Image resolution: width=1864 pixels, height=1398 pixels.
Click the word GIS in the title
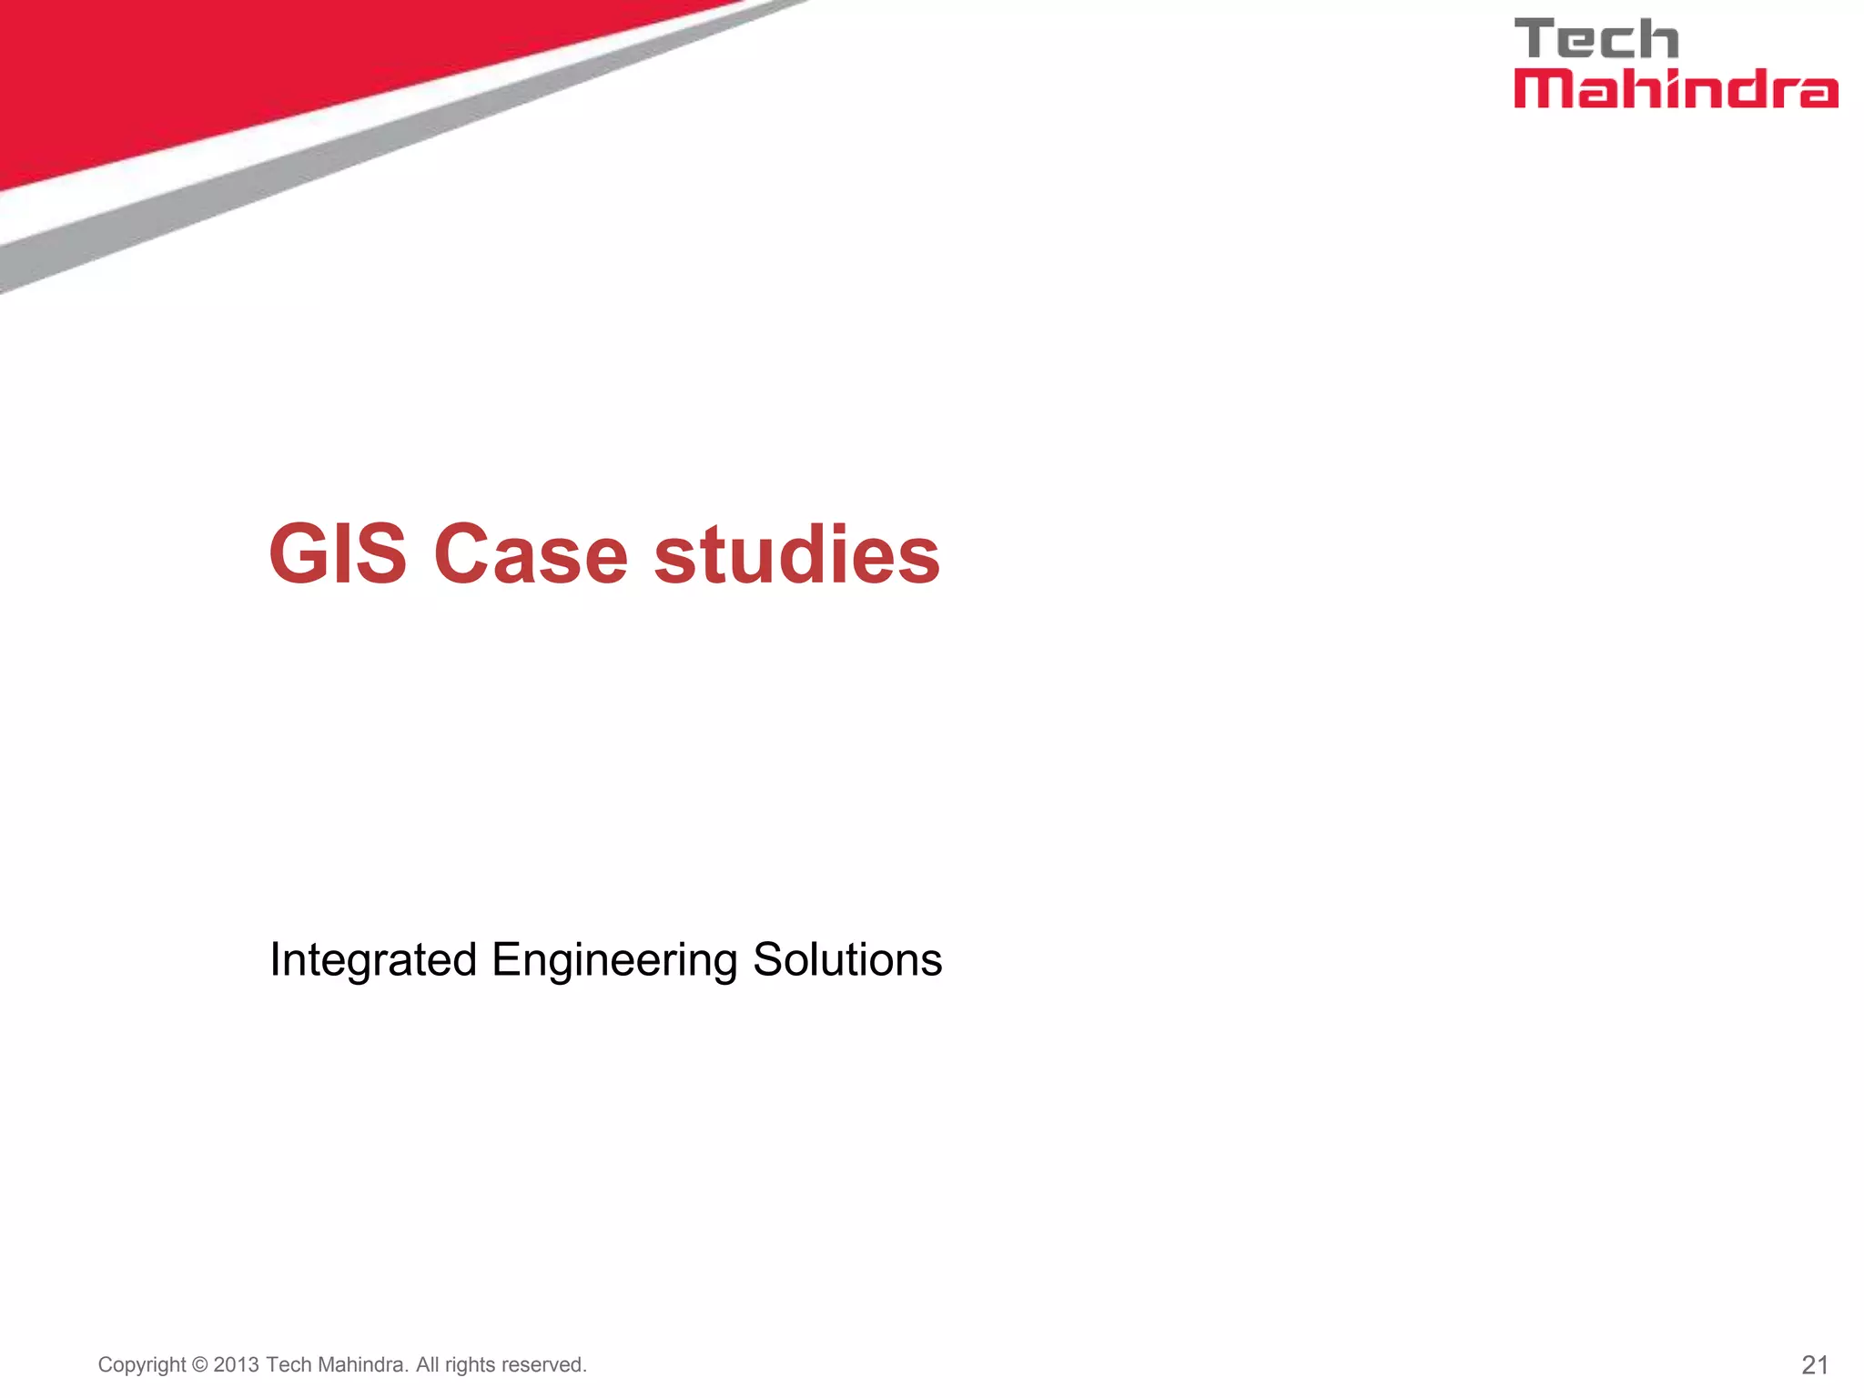coord(338,554)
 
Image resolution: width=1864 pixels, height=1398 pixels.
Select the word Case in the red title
coord(531,554)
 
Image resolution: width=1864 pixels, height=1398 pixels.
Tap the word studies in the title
coord(796,554)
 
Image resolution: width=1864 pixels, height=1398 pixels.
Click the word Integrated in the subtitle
coord(373,960)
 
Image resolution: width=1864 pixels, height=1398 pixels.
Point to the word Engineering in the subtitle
coord(614,960)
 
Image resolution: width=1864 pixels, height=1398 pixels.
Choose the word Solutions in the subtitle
coord(847,960)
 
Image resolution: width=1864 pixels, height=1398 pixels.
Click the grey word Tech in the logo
coord(1596,40)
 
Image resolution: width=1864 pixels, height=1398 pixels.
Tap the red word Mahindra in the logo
coord(1675,89)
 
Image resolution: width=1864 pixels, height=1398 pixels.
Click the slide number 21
coord(1815,1364)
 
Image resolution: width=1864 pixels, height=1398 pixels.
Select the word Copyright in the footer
coord(142,1365)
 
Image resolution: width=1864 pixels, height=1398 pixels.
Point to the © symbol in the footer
coord(200,1365)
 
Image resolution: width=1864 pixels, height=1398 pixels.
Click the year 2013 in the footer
coord(237,1365)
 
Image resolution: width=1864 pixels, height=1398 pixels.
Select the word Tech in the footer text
coord(289,1365)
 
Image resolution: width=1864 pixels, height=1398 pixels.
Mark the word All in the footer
coord(428,1365)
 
